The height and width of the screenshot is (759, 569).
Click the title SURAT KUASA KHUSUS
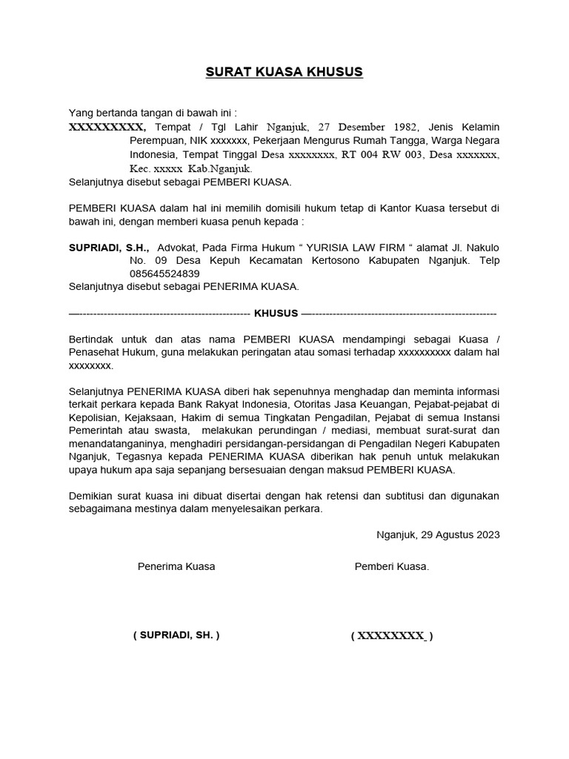pos(284,73)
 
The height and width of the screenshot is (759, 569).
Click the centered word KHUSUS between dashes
pos(276,314)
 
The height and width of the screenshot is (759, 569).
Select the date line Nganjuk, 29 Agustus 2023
pos(438,534)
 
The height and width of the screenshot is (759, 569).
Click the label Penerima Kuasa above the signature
pos(176,566)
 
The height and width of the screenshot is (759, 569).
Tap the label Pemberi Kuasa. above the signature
pos(391,566)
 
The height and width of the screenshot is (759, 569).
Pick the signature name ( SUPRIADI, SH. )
pos(176,635)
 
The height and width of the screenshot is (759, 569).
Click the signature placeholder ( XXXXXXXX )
pos(392,636)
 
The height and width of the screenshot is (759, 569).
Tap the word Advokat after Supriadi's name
pos(178,247)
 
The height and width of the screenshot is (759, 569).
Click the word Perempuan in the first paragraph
pos(156,141)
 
